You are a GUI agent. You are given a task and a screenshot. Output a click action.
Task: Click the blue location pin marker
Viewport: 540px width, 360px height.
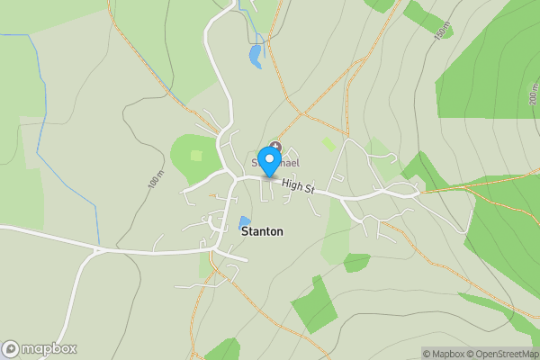269,159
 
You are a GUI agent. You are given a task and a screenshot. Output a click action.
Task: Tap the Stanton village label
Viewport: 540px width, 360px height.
262,231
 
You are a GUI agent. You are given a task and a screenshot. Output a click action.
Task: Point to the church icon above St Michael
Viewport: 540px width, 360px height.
275,147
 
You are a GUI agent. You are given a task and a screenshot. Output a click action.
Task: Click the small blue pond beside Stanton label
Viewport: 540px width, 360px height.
244,221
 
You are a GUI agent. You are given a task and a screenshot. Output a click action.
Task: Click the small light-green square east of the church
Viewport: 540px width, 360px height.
328,144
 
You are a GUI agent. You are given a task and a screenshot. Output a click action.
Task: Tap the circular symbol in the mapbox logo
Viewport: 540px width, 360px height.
11,348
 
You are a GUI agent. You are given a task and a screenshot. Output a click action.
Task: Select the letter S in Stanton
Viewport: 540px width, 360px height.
245,231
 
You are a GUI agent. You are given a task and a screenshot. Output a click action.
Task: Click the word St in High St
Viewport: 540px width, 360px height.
308,188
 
